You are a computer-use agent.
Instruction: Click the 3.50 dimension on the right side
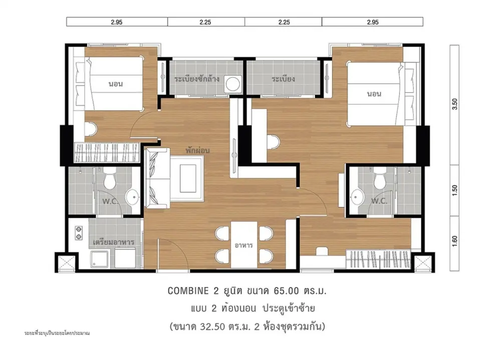(x=455, y=104)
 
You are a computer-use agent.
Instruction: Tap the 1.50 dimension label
(x=455, y=190)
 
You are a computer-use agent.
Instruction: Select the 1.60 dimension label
(x=455, y=241)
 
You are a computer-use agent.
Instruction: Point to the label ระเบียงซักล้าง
(x=197, y=79)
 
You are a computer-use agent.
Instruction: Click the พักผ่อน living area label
(x=197, y=150)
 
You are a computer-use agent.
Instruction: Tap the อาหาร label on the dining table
(x=244, y=245)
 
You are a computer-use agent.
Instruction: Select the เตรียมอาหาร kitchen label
(x=113, y=241)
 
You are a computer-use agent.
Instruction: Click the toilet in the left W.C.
(x=110, y=180)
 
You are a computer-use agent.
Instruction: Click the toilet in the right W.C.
(x=380, y=180)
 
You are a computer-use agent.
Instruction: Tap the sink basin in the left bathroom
(x=132, y=197)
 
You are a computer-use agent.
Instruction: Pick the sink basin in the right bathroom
(x=356, y=197)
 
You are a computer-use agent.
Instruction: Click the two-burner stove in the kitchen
(x=78, y=233)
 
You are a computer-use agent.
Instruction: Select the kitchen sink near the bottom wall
(x=99, y=259)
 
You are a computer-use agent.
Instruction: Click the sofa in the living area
(x=157, y=178)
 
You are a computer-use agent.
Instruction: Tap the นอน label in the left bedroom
(x=116, y=84)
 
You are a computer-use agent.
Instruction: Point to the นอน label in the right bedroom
(x=374, y=94)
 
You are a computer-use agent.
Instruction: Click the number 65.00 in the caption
(x=286, y=291)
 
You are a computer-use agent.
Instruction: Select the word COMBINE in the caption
(x=188, y=291)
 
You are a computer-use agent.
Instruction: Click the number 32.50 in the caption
(x=213, y=326)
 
